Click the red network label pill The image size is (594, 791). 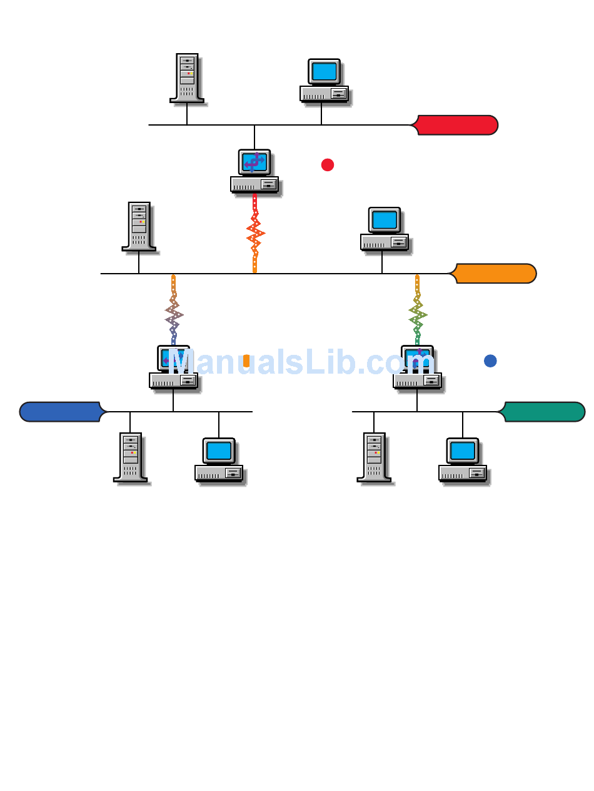pos(456,125)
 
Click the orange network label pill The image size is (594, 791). pos(495,274)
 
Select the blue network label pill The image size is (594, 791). pos(61,412)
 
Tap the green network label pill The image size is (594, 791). pos(544,412)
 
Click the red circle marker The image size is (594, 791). pos(328,165)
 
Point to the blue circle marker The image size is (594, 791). pos(490,361)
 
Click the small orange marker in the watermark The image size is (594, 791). pos(246,361)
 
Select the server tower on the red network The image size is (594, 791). pos(187,77)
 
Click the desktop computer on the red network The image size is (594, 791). pos(324,81)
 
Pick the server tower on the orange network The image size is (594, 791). pos(139,226)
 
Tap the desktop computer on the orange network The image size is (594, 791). pos(385,229)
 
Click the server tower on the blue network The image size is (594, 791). pos(130,457)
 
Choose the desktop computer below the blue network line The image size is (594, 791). pos(219,460)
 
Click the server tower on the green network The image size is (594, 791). pos(374,457)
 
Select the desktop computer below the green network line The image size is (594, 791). pos(463,460)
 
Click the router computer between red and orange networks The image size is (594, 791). pos(254,171)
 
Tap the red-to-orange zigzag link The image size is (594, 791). pos(255,234)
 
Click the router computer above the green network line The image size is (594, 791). pos(417,367)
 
